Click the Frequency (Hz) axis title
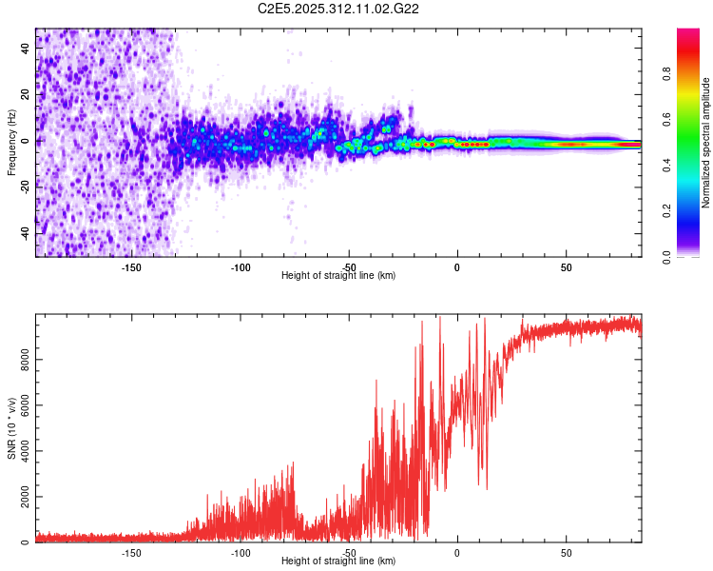click(x=11, y=142)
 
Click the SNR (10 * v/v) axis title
click(x=11, y=429)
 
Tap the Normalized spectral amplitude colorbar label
click(x=706, y=143)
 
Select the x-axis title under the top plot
click(x=338, y=275)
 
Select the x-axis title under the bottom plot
click(x=338, y=561)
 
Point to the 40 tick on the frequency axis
click(x=26, y=49)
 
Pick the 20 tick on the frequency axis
click(x=26, y=94)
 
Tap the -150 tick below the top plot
click(x=131, y=266)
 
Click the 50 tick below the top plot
click(x=566, y=266)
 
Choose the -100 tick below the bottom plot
click(x=240, y=552)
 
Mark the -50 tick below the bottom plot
click(x=349, y=552)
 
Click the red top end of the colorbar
click(x=687, y=34)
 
